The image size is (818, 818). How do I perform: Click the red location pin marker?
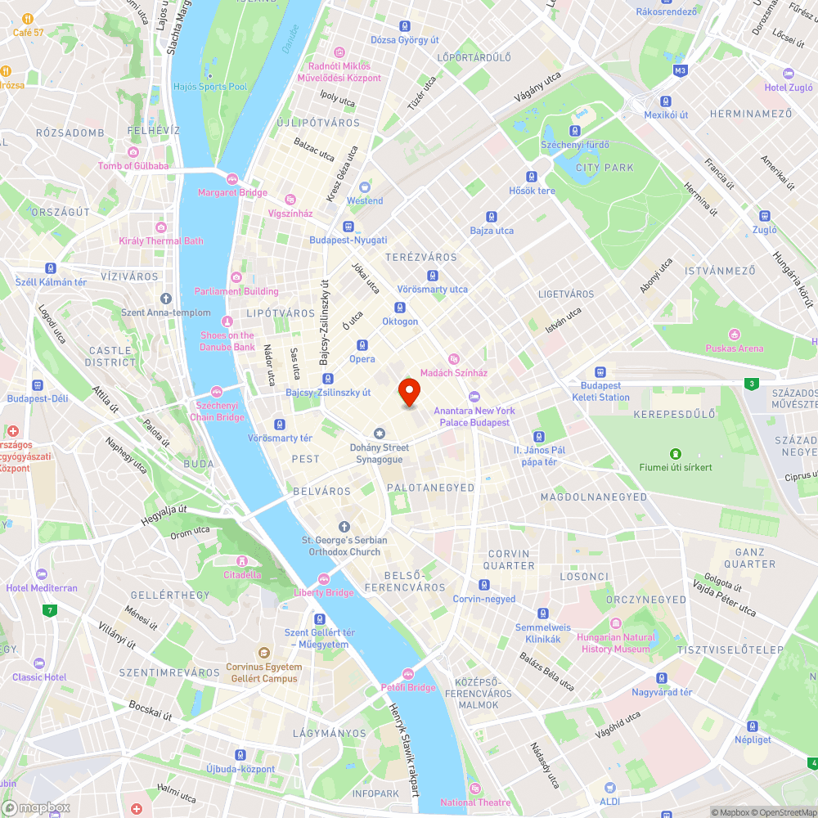[x=408, y=393]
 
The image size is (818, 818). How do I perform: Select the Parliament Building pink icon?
[x=236, y=276]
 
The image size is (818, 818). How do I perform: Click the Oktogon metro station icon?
[x=400, y=308]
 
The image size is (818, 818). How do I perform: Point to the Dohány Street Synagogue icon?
[x=379, y=433]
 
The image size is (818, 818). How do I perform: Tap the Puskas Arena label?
[x=734, y=348]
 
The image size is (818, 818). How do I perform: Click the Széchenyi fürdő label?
[x=575, y=145]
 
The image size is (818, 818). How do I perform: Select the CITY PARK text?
[x=605, y=168]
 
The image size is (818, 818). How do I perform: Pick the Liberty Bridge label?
[x=324, y=592]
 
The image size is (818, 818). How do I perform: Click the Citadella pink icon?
[x=242, y=560]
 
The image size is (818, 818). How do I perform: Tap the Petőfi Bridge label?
[x=408, y=687]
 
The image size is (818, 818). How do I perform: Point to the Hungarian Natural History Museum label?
[x=616, y=643]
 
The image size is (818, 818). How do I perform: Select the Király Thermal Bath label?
[x=161, y=240]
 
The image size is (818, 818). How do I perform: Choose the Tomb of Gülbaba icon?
[x=133, y=151]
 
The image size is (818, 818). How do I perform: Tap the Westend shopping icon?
[x=365, y=187]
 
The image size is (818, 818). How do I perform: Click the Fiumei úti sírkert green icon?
[x=676, y=453]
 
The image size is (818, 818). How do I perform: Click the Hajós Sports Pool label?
[x=210, y=86]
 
